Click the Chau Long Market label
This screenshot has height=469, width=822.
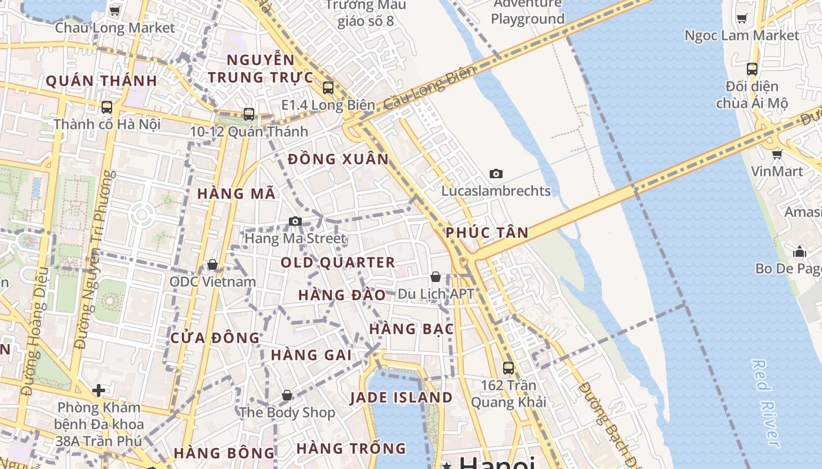[x=115, y=28]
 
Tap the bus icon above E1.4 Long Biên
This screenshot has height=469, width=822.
[x=328, y=88]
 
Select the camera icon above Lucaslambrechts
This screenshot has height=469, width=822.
[x=496, y=174]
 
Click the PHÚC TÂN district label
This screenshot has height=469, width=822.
[x=487, y=233]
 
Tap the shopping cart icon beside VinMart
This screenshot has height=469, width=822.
[x=777, y=154]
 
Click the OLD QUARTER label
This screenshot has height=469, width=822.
[x=338, y=262]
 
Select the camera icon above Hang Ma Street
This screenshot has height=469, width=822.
[x=295, y=221]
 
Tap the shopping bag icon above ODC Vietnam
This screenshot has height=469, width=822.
[x=213, y=264]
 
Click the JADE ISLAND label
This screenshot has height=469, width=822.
[x=401, y=397]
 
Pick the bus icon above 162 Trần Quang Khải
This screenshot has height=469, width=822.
[x=508, y=368]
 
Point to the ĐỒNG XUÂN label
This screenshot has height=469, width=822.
[x=339, y=159]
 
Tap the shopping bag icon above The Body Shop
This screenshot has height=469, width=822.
[x=287, y=395]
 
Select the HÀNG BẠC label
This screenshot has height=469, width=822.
[x=412, y=329]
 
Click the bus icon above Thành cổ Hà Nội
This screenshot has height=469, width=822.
[x=107, y=107]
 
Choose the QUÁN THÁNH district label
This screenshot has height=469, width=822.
[x=101, y=81]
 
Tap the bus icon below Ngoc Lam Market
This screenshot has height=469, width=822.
[x=752, y=69]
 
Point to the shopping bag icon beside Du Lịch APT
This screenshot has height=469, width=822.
[x=436, y=277]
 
